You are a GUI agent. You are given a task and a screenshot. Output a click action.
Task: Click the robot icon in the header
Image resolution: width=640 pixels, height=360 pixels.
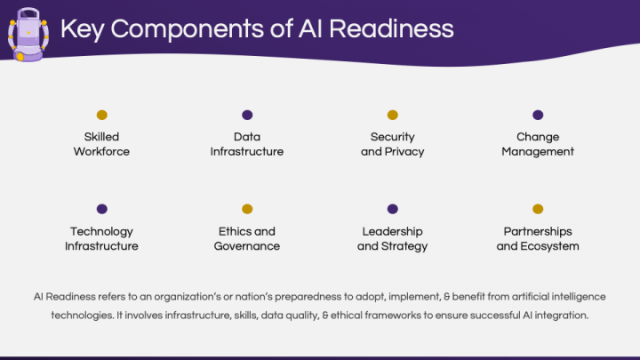point(28,33)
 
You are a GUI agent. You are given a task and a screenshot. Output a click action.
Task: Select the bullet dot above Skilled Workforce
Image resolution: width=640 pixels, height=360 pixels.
point(101,115)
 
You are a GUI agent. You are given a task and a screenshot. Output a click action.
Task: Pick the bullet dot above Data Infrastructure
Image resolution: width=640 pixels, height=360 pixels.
point(247,115)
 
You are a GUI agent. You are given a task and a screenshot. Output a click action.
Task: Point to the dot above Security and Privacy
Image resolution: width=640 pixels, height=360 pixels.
point(392,115)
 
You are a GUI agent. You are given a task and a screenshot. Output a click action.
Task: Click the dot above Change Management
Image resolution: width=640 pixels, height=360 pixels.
point(538,115)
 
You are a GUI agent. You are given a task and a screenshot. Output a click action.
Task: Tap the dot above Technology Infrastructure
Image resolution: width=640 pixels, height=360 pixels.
point(101,209)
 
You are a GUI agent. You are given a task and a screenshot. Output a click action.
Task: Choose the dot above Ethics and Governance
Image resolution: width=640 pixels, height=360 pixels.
point(247,209)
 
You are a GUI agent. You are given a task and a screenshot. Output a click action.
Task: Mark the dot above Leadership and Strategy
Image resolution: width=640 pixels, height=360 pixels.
point(392,209)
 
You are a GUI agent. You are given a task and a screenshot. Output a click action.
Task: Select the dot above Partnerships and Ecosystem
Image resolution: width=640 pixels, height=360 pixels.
point(538,209)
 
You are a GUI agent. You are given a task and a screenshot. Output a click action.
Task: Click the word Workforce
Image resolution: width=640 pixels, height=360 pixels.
point(101,152)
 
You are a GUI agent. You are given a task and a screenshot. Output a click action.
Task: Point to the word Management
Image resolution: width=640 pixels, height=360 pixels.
point(538,152)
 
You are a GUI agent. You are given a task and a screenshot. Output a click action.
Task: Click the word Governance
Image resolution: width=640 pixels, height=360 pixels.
point(247,246)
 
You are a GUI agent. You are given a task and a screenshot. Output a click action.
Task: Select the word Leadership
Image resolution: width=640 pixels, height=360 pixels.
point(392,232)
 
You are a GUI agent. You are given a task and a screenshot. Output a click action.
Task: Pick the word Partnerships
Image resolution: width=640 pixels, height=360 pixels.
point(538,232)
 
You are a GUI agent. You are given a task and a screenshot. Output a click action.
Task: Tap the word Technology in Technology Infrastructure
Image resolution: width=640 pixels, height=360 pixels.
point(101,232)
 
